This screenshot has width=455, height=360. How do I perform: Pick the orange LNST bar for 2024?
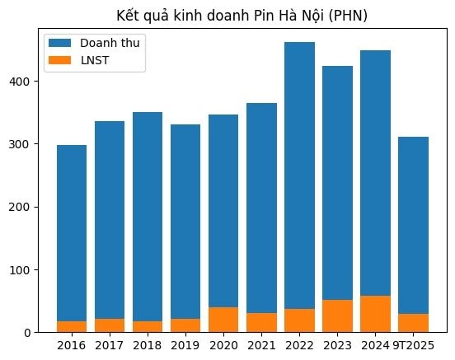pyautogui.click(x=375, y=314)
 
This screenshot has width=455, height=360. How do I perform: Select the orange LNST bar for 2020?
pyautogui.click(x=223, y=320)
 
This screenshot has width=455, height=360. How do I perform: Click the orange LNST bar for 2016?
pyautogui.click(x=72, y=326)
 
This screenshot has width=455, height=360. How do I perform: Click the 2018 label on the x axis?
pyautogui.click(x=148, y=344)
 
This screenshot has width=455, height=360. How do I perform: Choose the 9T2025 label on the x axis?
pyautogui.click(x=413, y=344)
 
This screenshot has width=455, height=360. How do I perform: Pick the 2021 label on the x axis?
pyautogui.click(x=261, y=344)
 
